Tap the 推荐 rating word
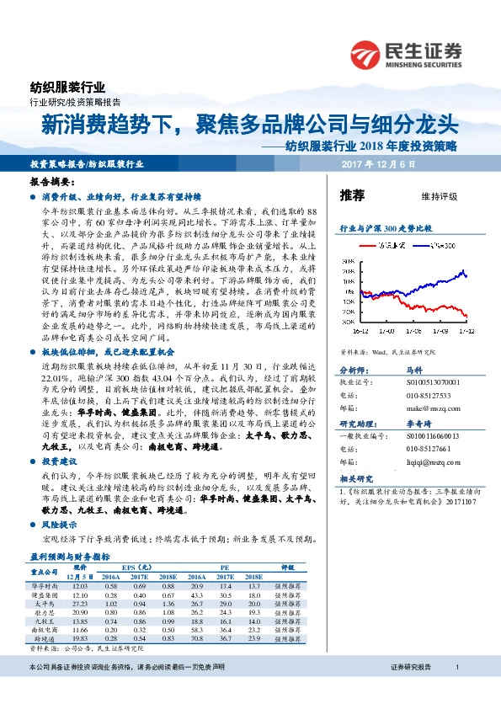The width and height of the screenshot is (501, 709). click(352, 195)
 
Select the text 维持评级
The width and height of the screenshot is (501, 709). click(439, 196)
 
